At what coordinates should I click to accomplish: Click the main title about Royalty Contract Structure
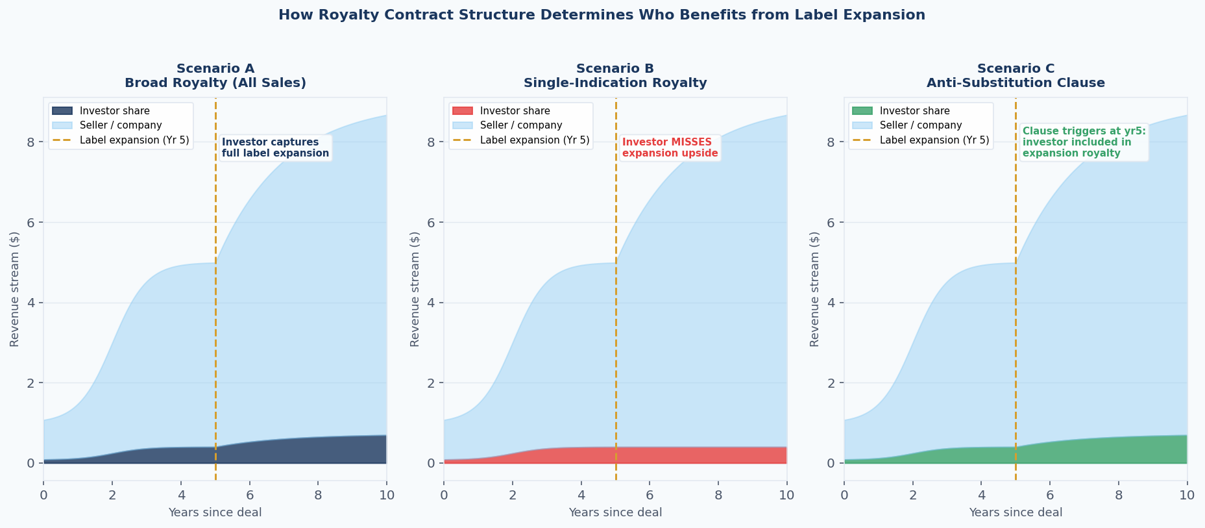coord(602,15)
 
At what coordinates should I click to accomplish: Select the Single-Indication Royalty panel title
coord(615,83)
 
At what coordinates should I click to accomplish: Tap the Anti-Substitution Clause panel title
coord(1016,83)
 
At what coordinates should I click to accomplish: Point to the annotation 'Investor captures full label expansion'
coord(275,148)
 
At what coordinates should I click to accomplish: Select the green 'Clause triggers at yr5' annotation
coord(1084,142)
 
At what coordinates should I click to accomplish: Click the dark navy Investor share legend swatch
coord(62,111)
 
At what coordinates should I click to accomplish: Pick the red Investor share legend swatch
coord(462,111)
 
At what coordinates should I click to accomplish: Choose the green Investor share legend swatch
coord(862,111)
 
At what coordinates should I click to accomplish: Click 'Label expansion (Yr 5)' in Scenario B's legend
coord(535,140)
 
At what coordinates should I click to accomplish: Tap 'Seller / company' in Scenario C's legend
coord(921,125)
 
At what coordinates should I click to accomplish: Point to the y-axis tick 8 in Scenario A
coord(30,142)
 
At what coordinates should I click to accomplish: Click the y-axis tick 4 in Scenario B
coord(431,303)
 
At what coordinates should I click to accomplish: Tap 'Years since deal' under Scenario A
coord(215,513)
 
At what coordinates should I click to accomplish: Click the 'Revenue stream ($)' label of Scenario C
coord(815,289)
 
